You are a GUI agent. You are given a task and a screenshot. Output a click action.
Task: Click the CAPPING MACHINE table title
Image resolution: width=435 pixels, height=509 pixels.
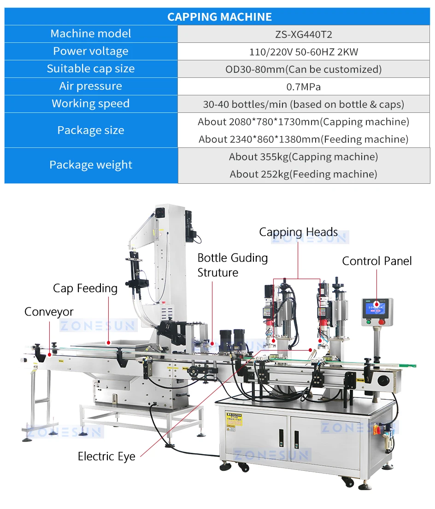tap(219, 17)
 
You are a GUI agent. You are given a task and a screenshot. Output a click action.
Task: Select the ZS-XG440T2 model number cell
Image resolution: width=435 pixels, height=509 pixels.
tap(303, 34)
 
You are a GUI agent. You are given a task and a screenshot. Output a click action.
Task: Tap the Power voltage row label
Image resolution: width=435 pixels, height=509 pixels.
tap(91, 51)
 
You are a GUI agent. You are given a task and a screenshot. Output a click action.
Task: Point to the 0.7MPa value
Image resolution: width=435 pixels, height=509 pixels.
tap(303, 87)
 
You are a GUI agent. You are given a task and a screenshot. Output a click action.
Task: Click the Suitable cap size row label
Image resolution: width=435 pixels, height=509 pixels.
tap(91, 69)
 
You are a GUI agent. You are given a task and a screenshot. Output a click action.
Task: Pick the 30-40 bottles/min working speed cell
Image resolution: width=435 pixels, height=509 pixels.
tap(303, 104)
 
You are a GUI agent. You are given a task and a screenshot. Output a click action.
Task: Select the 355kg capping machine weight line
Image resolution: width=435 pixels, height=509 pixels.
tap(303, 157)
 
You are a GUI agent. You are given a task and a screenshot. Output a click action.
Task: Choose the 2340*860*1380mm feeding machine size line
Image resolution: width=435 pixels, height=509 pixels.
tap(303, 139)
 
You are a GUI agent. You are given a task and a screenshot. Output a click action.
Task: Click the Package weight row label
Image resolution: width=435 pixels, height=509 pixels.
tap(91, 165)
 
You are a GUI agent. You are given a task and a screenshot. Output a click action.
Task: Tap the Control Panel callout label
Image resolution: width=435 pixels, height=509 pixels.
tap(376, 261)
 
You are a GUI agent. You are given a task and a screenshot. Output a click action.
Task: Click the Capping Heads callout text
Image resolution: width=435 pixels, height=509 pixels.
tap(298, 232)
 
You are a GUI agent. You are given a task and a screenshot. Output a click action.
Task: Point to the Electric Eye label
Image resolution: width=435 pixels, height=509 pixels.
tap(106, 456)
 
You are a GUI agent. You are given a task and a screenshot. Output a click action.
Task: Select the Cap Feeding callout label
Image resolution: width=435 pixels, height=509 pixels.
tap(85, 288)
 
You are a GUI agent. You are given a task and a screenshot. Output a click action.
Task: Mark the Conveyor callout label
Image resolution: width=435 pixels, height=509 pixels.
tap(49, 312)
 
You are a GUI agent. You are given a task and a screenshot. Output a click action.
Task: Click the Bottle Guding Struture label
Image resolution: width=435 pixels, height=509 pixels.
tap(232, 265)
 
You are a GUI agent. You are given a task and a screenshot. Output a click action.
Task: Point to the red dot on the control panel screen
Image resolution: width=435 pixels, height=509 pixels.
tap(376, 304)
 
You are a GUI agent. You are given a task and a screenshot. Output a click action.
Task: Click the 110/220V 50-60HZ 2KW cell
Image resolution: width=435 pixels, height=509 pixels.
tap(303, 52)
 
